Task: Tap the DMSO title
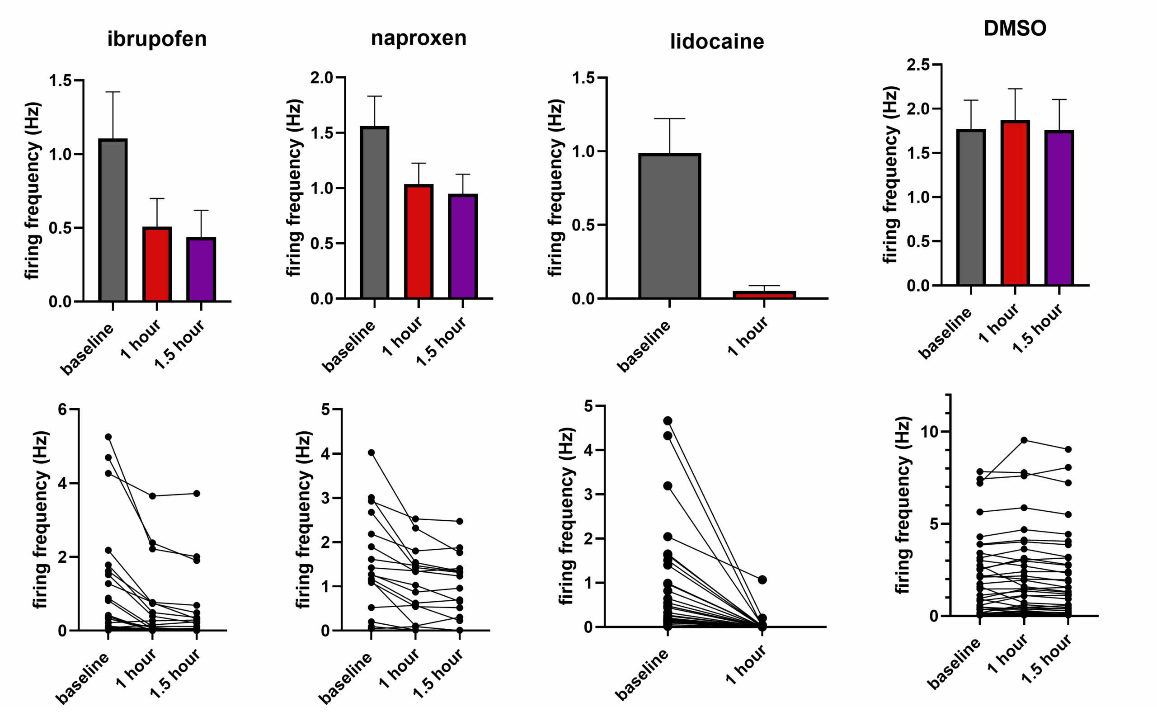[x=1015, y=28]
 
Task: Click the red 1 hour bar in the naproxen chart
[x=419, y=241]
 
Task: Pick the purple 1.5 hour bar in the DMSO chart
[x=1059, y=208]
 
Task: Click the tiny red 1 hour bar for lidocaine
[x=764, y=295]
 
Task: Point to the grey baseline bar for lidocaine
[x=669, y=226]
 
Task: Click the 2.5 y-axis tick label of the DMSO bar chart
[x=918, y=66]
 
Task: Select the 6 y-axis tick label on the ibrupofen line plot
[x=61, y=410]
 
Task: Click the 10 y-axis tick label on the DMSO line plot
[x=929, y=432]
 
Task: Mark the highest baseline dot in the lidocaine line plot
[x=668, y=420]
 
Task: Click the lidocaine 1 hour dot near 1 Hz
[x=762, y=580]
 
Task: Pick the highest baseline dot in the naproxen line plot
[x=372, y=452]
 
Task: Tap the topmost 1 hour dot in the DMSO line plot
[x=1024, y=440]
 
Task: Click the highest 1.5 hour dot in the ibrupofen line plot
[x=197, y=494]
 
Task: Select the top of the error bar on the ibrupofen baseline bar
[x=113, y=92]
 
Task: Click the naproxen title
[x=419, y=38]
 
